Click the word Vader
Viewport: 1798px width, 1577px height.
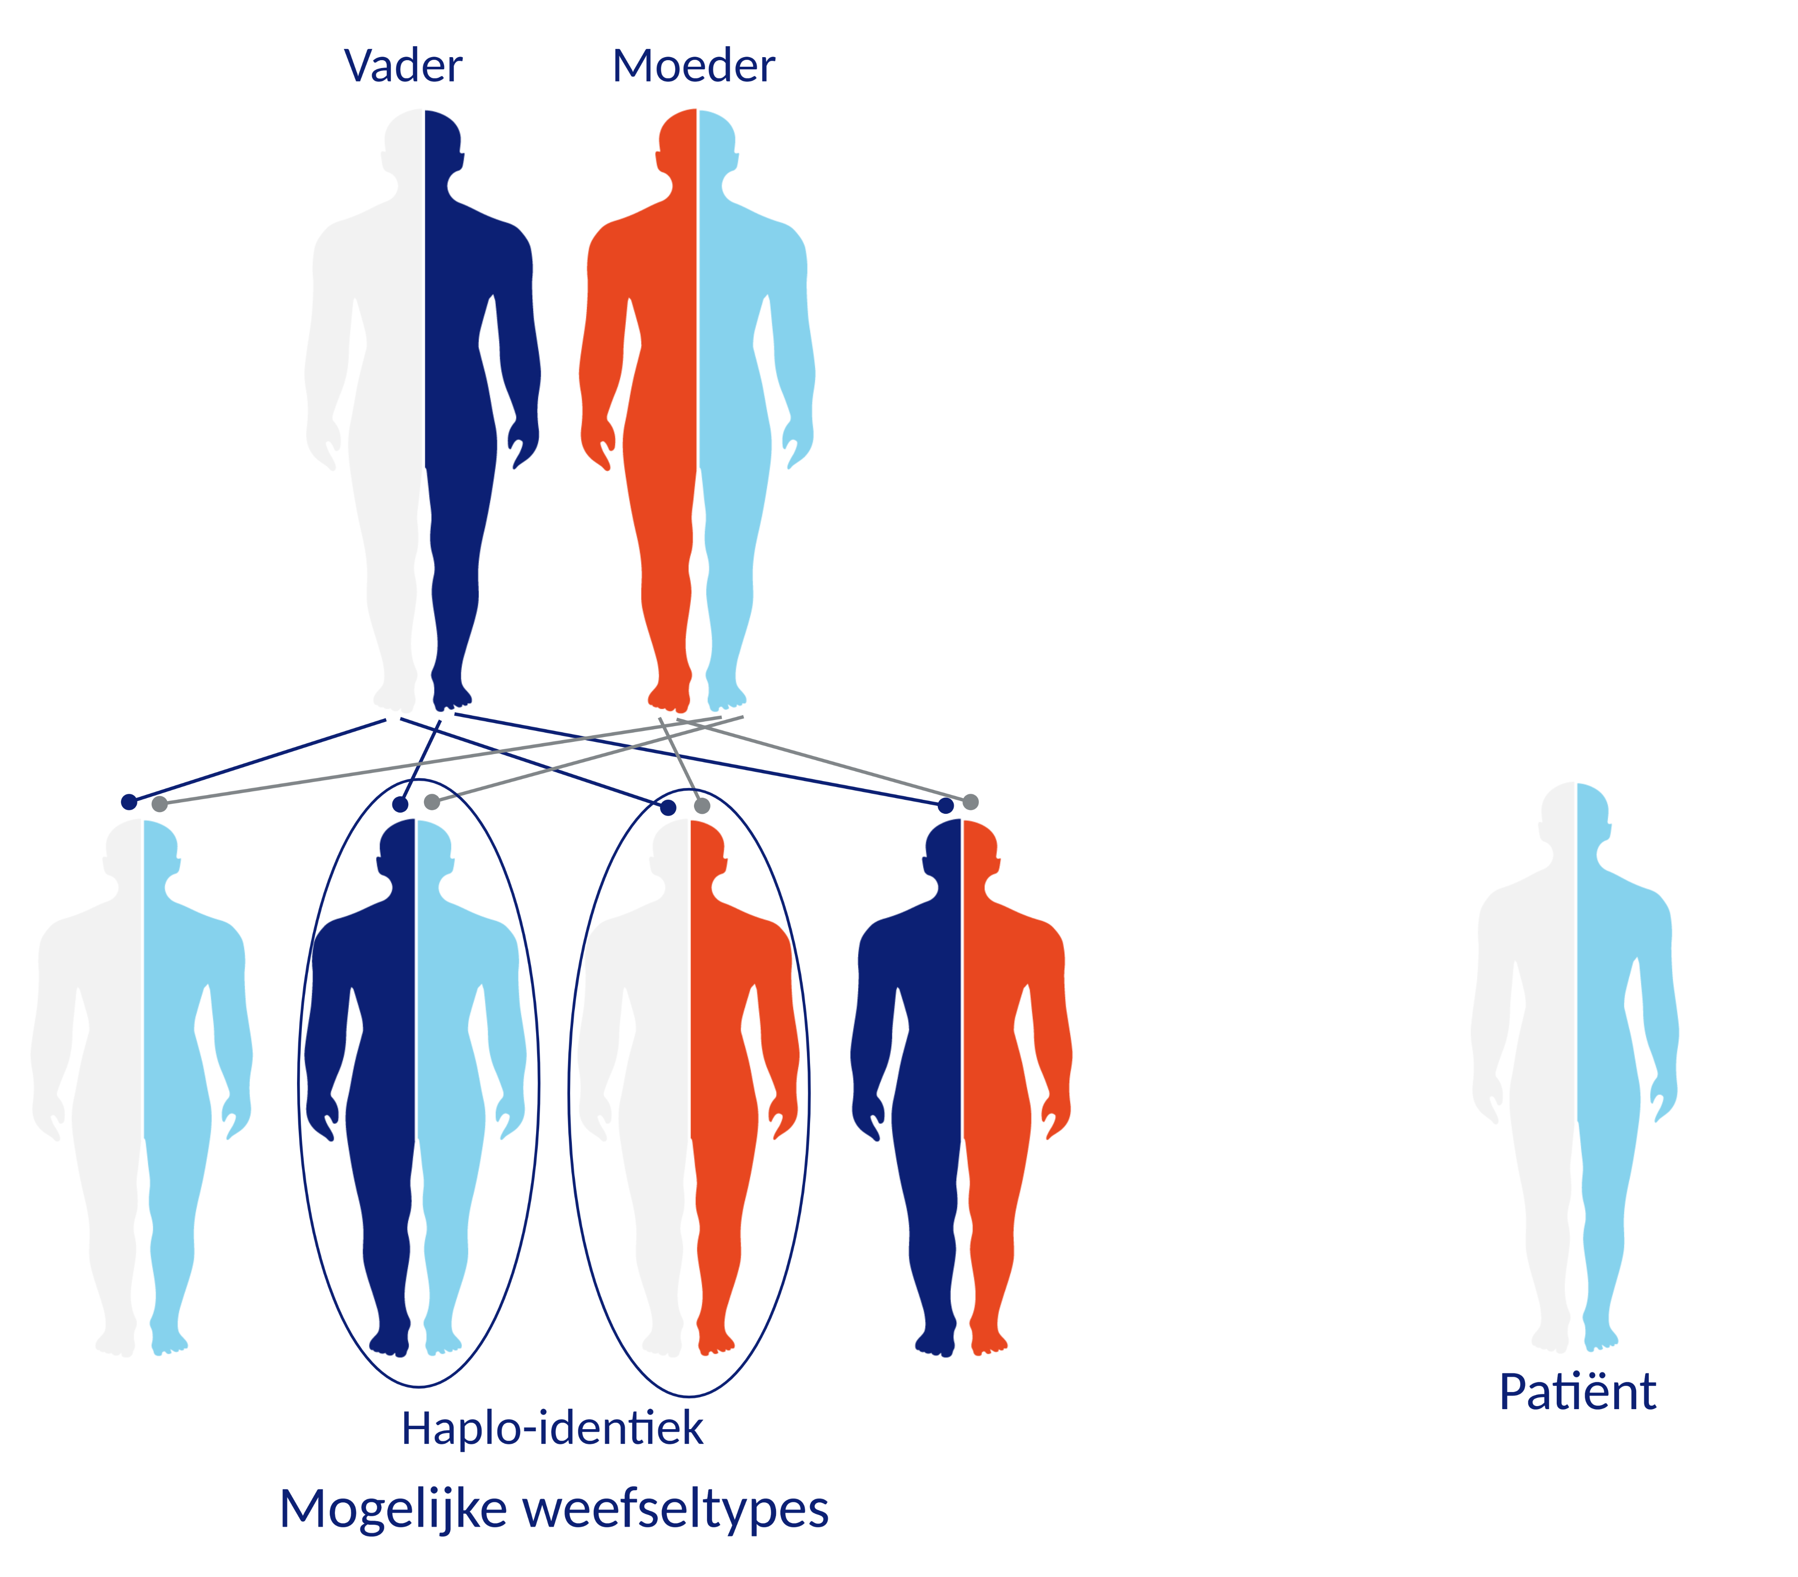(x=403, y=66)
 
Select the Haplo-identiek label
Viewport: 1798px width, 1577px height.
(x=552, y=1427)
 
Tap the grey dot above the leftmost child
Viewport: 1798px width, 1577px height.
(x=159, y=804)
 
